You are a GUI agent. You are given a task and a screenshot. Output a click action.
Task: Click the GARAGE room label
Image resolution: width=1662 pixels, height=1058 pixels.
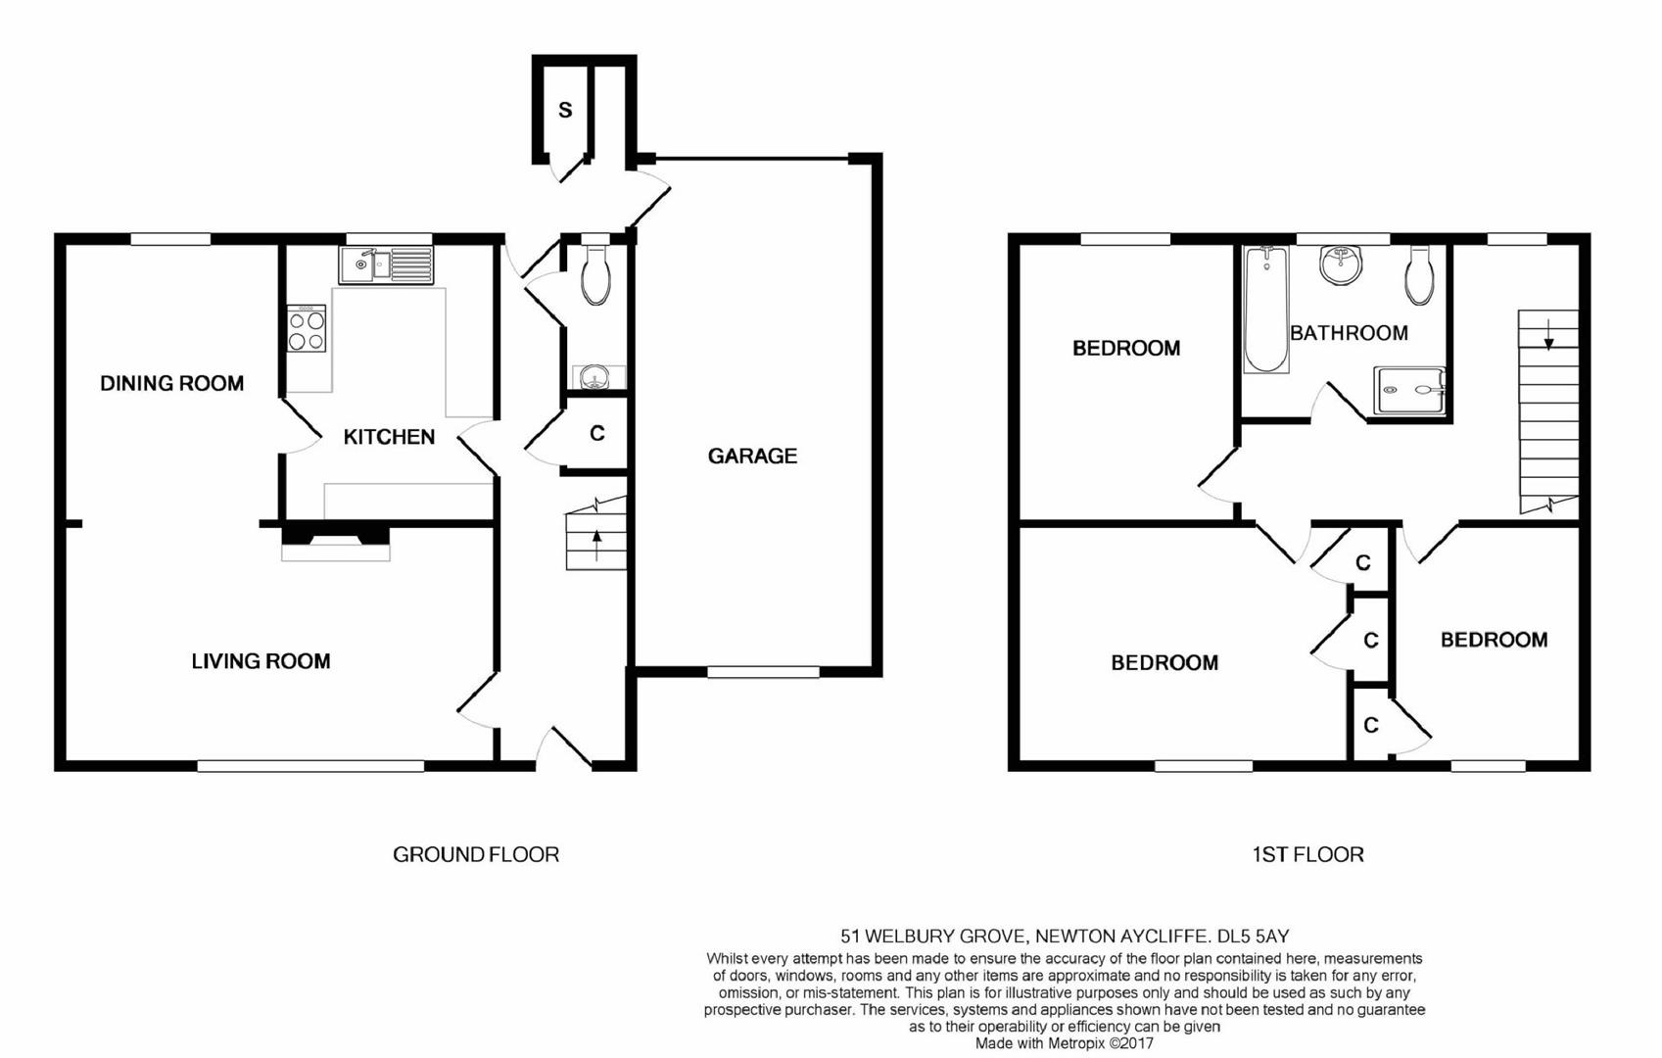point(752,456)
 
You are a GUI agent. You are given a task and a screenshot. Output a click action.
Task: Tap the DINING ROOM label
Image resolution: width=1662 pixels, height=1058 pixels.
point(172,384)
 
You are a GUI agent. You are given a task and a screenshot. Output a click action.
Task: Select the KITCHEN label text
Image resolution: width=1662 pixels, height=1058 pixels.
point(389,437)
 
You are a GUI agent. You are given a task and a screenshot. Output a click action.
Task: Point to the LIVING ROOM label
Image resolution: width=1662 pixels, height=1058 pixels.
point(261,661)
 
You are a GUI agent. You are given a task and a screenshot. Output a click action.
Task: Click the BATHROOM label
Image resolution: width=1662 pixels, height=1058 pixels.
point(1349,333)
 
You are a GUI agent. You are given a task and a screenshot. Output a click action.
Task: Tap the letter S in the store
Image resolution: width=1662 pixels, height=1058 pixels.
point(565,111)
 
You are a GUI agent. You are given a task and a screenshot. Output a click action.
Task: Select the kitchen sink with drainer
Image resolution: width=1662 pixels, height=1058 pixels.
point(386,265)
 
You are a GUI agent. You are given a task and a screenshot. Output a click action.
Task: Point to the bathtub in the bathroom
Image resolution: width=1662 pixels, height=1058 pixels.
point(1266,310)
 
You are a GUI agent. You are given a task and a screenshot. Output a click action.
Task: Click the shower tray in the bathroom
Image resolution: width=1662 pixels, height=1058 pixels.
point(1409,390)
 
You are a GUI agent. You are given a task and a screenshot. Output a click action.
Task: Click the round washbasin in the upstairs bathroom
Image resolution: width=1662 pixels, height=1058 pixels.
point(1342,265)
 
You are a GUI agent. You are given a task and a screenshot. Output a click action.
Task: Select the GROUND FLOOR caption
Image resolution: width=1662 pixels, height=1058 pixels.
point(476,854)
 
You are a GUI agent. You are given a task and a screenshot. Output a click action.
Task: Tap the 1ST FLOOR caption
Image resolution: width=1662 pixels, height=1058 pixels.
point(1307,854)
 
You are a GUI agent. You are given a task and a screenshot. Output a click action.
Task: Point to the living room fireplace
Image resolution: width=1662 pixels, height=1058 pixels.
point(335,542)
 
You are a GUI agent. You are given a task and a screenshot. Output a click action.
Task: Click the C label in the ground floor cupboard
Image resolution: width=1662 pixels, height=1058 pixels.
point(597,433)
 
